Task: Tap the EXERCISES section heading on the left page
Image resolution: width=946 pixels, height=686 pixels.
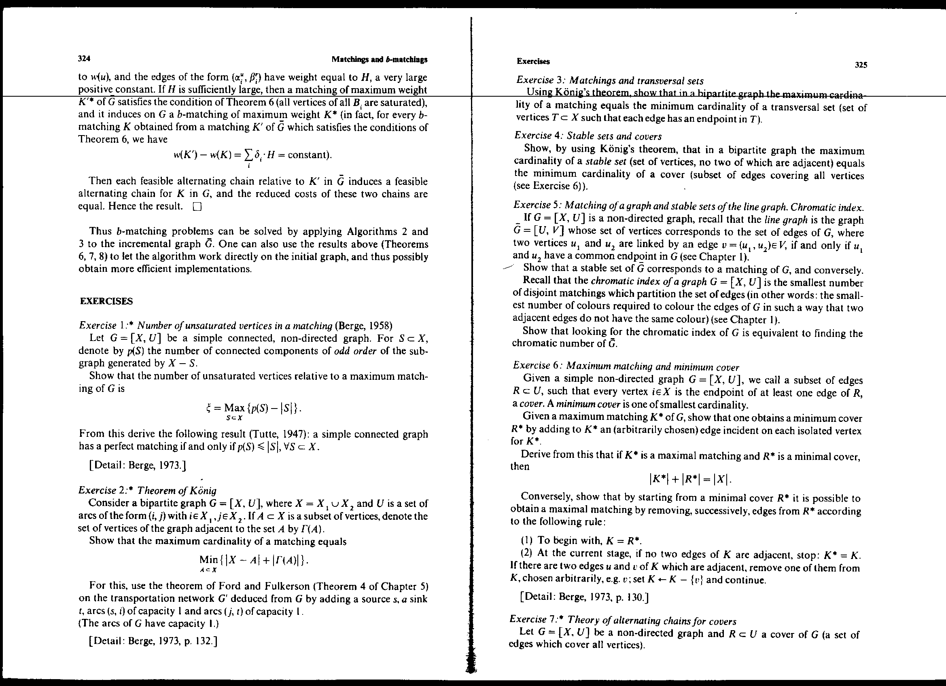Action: pyautogui.click(x=106, y=301)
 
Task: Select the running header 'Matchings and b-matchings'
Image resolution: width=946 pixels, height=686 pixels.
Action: pyautogui.click(x=379, y=59)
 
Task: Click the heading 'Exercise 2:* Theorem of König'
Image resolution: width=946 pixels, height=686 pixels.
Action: pyautogui.click(x=147, y=490)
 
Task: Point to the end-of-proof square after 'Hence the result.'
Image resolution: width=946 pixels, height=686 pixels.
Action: pyautogui.click(x=197, y=207)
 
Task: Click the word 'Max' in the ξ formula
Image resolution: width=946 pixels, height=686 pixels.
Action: pyautogui.click(x=234, y=407)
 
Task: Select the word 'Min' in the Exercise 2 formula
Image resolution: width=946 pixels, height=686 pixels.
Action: pyautogui.click(x=208, y=560)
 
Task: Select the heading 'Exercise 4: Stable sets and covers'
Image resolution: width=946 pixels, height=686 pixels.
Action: pyautogui.click(x=588, y=136)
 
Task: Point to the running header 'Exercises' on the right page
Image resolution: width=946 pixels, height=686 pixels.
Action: pyautogui.click(x=533, y=61)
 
